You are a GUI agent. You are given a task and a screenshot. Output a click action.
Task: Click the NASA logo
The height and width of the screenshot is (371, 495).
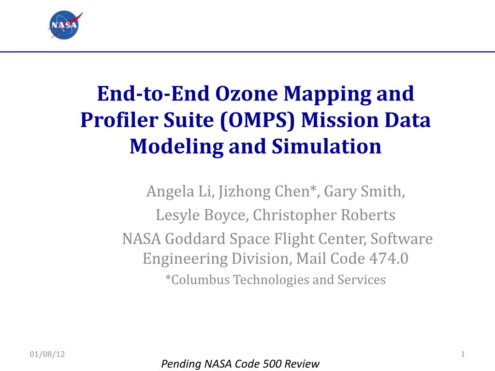(x=65, y=25)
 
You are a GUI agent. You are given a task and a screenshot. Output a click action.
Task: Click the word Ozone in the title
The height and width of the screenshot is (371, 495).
(x=247, y=94)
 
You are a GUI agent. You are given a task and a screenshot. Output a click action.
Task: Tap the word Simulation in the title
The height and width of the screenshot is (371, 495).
(x=326, y=147)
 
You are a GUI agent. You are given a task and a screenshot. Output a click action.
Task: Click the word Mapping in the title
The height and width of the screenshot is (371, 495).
(x=327, y=94)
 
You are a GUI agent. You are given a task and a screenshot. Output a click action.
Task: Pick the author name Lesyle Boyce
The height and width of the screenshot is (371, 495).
(x=201, y=215)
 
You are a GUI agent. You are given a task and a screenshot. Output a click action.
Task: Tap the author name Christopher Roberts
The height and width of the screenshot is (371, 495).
(x=324, y=215)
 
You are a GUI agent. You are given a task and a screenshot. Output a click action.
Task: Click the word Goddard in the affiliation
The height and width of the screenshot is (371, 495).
(x=195, y=239)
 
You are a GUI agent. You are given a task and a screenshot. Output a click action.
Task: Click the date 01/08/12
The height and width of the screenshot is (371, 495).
(x=47, y=354)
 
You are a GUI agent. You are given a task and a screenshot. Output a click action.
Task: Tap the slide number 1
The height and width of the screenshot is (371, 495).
(x=463, y=354)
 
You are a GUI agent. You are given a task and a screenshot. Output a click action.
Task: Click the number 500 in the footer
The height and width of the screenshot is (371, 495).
(x=273, y=364)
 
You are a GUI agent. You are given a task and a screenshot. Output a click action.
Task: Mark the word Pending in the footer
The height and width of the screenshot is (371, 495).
(x=181, y=364)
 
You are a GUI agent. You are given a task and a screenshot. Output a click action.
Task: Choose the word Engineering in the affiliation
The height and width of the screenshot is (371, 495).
(x=185, y=259)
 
